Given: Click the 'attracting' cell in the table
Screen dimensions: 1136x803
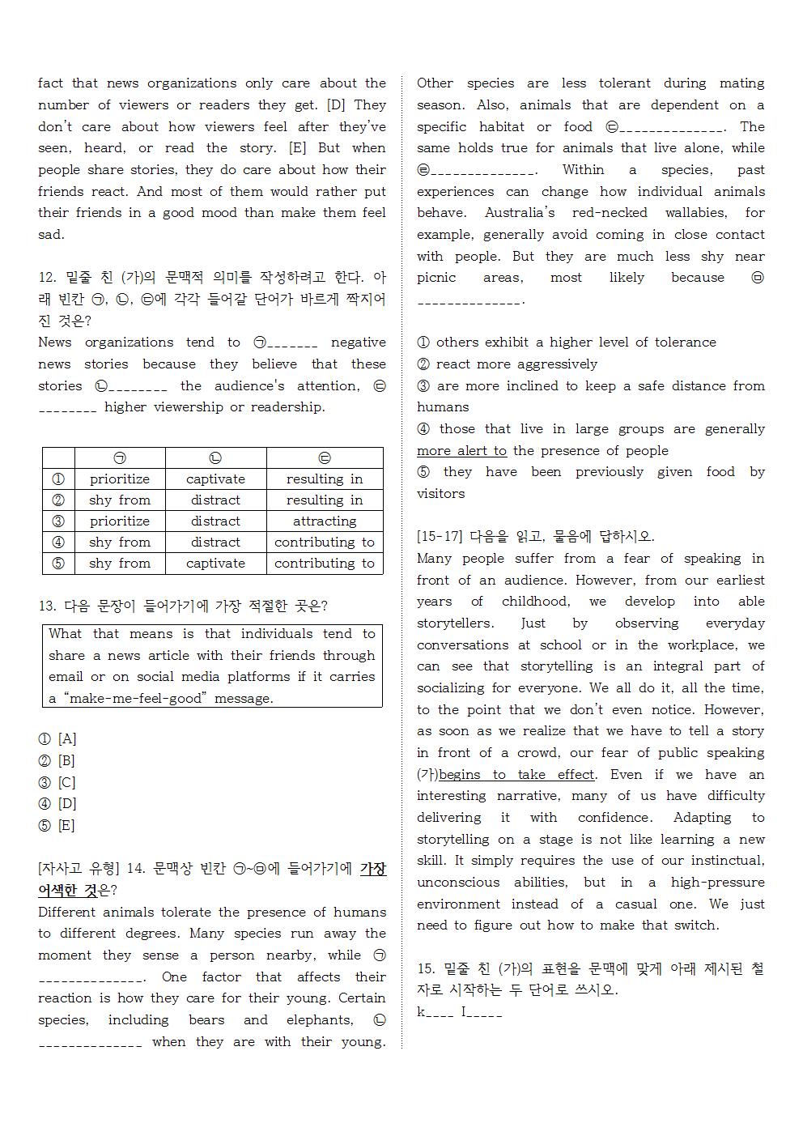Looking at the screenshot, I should [324, 521].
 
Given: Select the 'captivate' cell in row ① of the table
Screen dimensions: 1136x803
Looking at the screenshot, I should [215, 479].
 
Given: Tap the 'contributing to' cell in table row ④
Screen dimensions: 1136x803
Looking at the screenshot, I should [324, 542].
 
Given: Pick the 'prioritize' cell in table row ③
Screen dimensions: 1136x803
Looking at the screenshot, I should [120, 521].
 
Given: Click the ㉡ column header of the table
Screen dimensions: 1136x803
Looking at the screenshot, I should [215, 458].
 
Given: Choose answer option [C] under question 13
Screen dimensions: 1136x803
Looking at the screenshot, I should [66, 783].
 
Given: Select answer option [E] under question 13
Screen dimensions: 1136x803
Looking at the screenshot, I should [66, 826].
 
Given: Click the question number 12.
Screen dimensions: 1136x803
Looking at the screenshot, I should [47, 278].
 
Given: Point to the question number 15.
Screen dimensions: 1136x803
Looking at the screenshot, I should [427, 969].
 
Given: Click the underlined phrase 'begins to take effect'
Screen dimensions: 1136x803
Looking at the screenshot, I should [516, 775].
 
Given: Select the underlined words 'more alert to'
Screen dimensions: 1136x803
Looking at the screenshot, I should [461, 451].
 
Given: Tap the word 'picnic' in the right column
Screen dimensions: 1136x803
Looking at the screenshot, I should [438, 278].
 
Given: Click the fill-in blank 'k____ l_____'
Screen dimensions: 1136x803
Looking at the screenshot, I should [460, 1012].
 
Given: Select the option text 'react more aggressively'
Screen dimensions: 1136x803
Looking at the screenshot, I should [516, 364].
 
